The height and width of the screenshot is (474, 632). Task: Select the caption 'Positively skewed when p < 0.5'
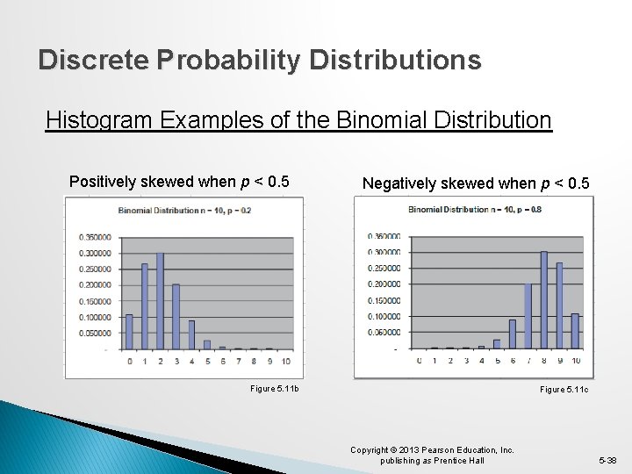[179, 182]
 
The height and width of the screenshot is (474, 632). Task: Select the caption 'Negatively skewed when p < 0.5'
[477, 183]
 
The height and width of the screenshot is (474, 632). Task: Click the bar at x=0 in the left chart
[129, 331]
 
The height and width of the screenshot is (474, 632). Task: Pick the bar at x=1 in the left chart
[145, 305]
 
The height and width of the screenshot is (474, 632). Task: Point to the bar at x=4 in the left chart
[191, 334]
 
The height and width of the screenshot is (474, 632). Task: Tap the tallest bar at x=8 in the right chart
[544, 300]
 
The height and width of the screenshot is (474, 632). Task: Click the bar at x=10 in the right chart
[575, 331]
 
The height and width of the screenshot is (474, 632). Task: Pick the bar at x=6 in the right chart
[512, 334]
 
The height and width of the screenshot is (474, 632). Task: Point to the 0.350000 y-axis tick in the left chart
[93, 237]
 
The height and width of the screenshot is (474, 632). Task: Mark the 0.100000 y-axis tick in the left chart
[93, 317]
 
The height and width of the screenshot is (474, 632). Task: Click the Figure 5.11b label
[274, 388]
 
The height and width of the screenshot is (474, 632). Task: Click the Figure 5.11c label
[564, 388]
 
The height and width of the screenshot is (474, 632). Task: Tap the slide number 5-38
[607, 460]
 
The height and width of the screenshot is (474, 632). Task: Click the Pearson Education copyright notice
[432, 455]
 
